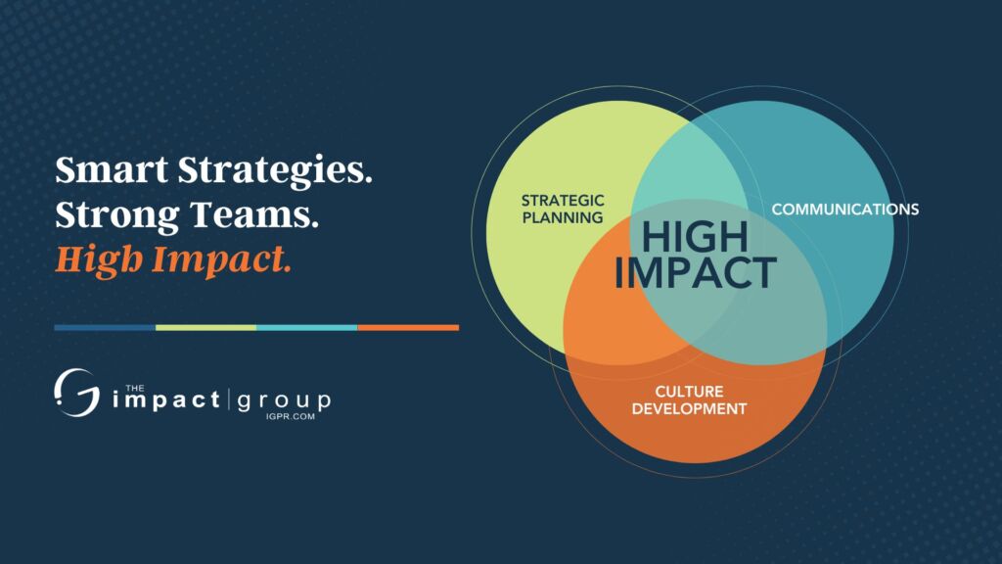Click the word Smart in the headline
click(112, 170)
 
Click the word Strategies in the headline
click(275, 172)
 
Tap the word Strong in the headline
click(117, 216)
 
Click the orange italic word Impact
click(221, 260)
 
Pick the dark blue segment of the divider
click(105, 327)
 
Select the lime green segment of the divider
click(205, 327)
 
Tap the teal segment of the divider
click(306, 327)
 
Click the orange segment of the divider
click(408, 327)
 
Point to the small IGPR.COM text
click(290, 416)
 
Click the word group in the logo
click(284, 401)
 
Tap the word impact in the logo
click(166, 399)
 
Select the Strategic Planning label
click(563, 210)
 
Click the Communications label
click(844, 210)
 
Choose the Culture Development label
click(689, 399)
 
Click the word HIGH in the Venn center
click(695, 237)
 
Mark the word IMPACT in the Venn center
click(696, 272)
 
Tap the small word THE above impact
click(135, 388)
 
